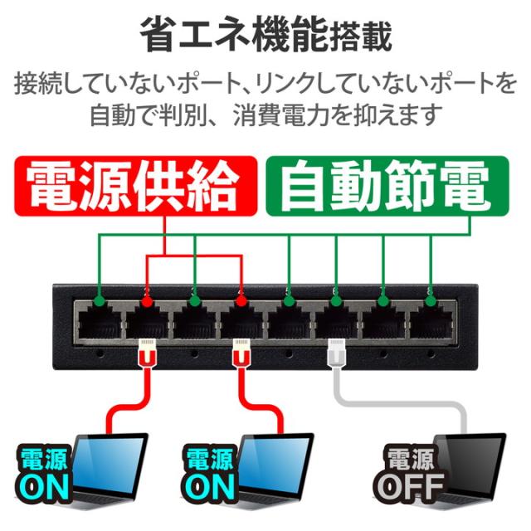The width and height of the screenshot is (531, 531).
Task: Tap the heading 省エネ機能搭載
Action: coord(265,37)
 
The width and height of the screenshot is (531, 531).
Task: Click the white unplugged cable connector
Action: coord(338,353)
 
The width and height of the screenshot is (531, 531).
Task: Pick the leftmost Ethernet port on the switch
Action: coord(99,320)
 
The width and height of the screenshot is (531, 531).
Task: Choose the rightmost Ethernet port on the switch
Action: coord(431,320)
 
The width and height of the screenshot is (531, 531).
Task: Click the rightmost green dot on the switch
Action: coord(431,291)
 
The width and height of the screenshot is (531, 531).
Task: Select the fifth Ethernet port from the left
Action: coord(289,320)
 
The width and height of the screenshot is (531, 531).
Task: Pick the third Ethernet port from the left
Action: coord(194,320)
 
